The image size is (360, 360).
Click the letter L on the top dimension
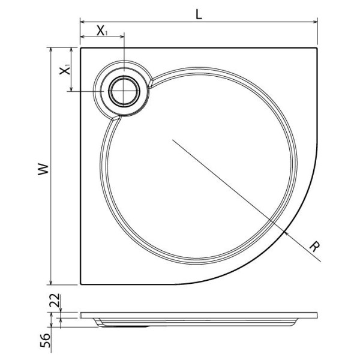click(x=199, y=14)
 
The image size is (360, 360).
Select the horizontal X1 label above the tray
click(x=103, y=32)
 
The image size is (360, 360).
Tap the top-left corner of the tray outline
click(x=80, y=48)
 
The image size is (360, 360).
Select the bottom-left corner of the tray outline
click(x=80, y=284)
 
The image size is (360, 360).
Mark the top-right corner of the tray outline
click(x=317, y=48)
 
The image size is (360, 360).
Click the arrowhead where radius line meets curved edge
click(x=287, y=232)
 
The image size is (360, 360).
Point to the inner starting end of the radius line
click(x=173, y=140)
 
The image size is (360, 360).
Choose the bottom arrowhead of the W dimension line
click(x=51, y=282)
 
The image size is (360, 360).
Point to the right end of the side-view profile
click(x=316, y=314)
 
